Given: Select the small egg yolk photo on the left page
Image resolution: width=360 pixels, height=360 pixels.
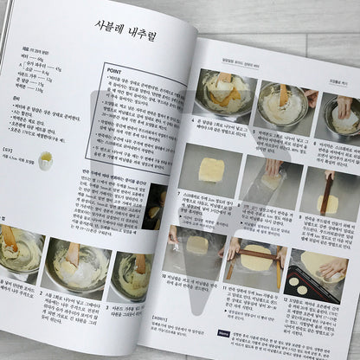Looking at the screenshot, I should coord(45,159).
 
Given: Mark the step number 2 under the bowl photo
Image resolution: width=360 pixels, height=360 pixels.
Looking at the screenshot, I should coord(42,293).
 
